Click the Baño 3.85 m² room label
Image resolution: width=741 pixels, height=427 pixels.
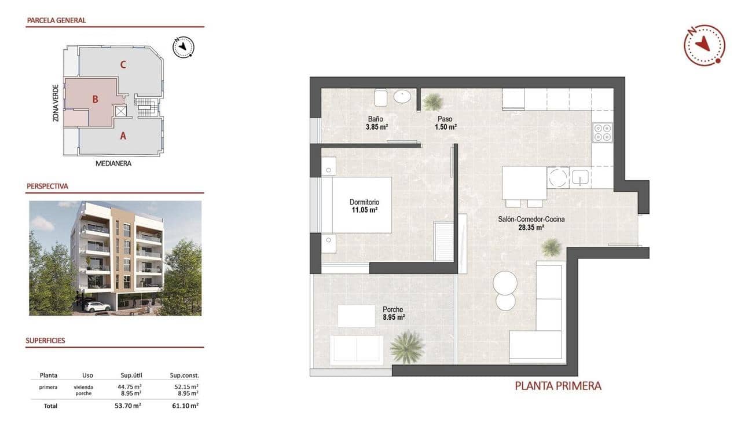click(376, 123)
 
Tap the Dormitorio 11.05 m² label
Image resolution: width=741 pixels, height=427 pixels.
click(364, 206)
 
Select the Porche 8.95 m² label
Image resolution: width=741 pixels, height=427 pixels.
click(393, 313)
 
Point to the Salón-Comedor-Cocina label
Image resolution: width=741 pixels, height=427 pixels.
click(531, 224)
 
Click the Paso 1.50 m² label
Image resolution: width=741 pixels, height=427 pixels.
click(446, 123)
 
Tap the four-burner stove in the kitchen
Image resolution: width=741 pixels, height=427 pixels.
click(602, 133)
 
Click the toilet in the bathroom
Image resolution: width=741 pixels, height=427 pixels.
click(380, 97)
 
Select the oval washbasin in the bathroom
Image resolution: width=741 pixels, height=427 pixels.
click(402, 96)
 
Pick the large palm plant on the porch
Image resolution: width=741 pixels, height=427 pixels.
click(407, 346)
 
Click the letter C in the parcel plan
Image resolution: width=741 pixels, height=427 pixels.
click(123, 64)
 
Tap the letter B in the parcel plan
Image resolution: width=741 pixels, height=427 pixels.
click(95, 99)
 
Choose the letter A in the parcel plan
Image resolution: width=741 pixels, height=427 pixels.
click(122, 137)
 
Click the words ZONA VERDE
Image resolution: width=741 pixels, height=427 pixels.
click(56, 103)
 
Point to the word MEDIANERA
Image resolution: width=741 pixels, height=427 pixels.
click(113, 163)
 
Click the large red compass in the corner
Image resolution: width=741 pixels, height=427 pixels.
click(704, 45)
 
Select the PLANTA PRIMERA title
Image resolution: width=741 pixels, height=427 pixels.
click(558, 385)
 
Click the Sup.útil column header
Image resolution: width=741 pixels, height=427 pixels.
click(128, 375)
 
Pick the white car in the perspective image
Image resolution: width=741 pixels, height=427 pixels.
click(97, 306)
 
